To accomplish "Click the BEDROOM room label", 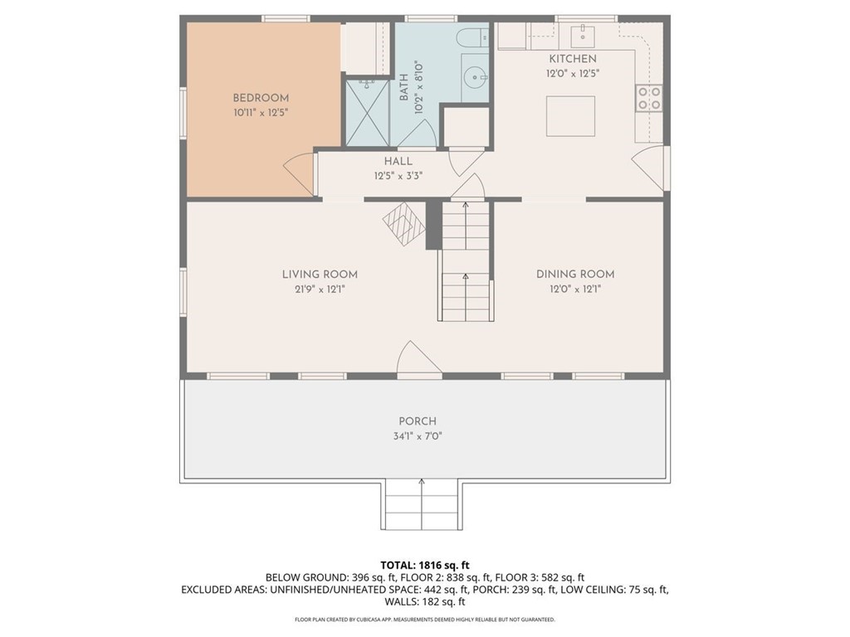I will tap(261, 98).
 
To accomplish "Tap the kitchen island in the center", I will tap(570, 116).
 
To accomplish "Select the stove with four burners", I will tap(649, 99).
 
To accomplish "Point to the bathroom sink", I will tap(476, 76).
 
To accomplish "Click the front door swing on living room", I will tap(418, 359).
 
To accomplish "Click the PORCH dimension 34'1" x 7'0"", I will tap(417, 436).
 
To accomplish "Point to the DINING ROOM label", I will tap(574, 275).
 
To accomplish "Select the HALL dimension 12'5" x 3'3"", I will tap(398, 176).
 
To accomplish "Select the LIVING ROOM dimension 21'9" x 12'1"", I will tap(320, 289).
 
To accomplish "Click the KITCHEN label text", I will tap(572, 59).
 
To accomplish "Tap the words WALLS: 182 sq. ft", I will tap(424, 601).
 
